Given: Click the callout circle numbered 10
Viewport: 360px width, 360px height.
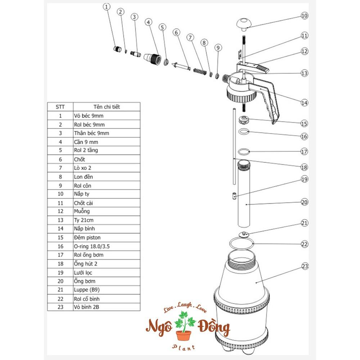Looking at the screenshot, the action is tap(304, 15).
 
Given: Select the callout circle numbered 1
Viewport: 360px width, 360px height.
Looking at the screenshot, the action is tap(106, 7).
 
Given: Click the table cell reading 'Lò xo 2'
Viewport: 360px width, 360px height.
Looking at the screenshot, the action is tap(82, 168).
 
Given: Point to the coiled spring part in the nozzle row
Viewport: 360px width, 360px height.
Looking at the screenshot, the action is tap(200, 71).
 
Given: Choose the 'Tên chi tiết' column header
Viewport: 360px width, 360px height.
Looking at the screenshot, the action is tap(107, 107).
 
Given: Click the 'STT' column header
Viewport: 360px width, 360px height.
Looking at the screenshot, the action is tap(60, 107).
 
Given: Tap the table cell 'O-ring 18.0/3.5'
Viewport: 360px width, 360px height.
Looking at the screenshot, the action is tap(91, 246).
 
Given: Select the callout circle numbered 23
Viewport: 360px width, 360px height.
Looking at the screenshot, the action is tap(305, 266).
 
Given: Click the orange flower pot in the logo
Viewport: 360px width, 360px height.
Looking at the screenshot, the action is tap(184, 336).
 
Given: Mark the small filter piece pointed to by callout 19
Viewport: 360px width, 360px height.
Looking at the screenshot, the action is tap(234, 196).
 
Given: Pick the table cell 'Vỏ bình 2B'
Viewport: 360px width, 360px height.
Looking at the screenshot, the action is tap(86, 307).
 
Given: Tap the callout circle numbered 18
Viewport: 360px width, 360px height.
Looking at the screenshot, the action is tap(304, 167).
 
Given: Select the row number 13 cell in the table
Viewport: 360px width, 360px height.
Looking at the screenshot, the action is tap(60, 220).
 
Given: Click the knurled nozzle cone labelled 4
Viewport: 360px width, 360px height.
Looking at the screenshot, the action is tap(152, 58).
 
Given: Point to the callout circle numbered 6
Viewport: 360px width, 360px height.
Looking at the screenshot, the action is tap(176, 32).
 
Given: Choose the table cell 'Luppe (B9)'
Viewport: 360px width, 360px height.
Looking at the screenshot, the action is tap(86, 290).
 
